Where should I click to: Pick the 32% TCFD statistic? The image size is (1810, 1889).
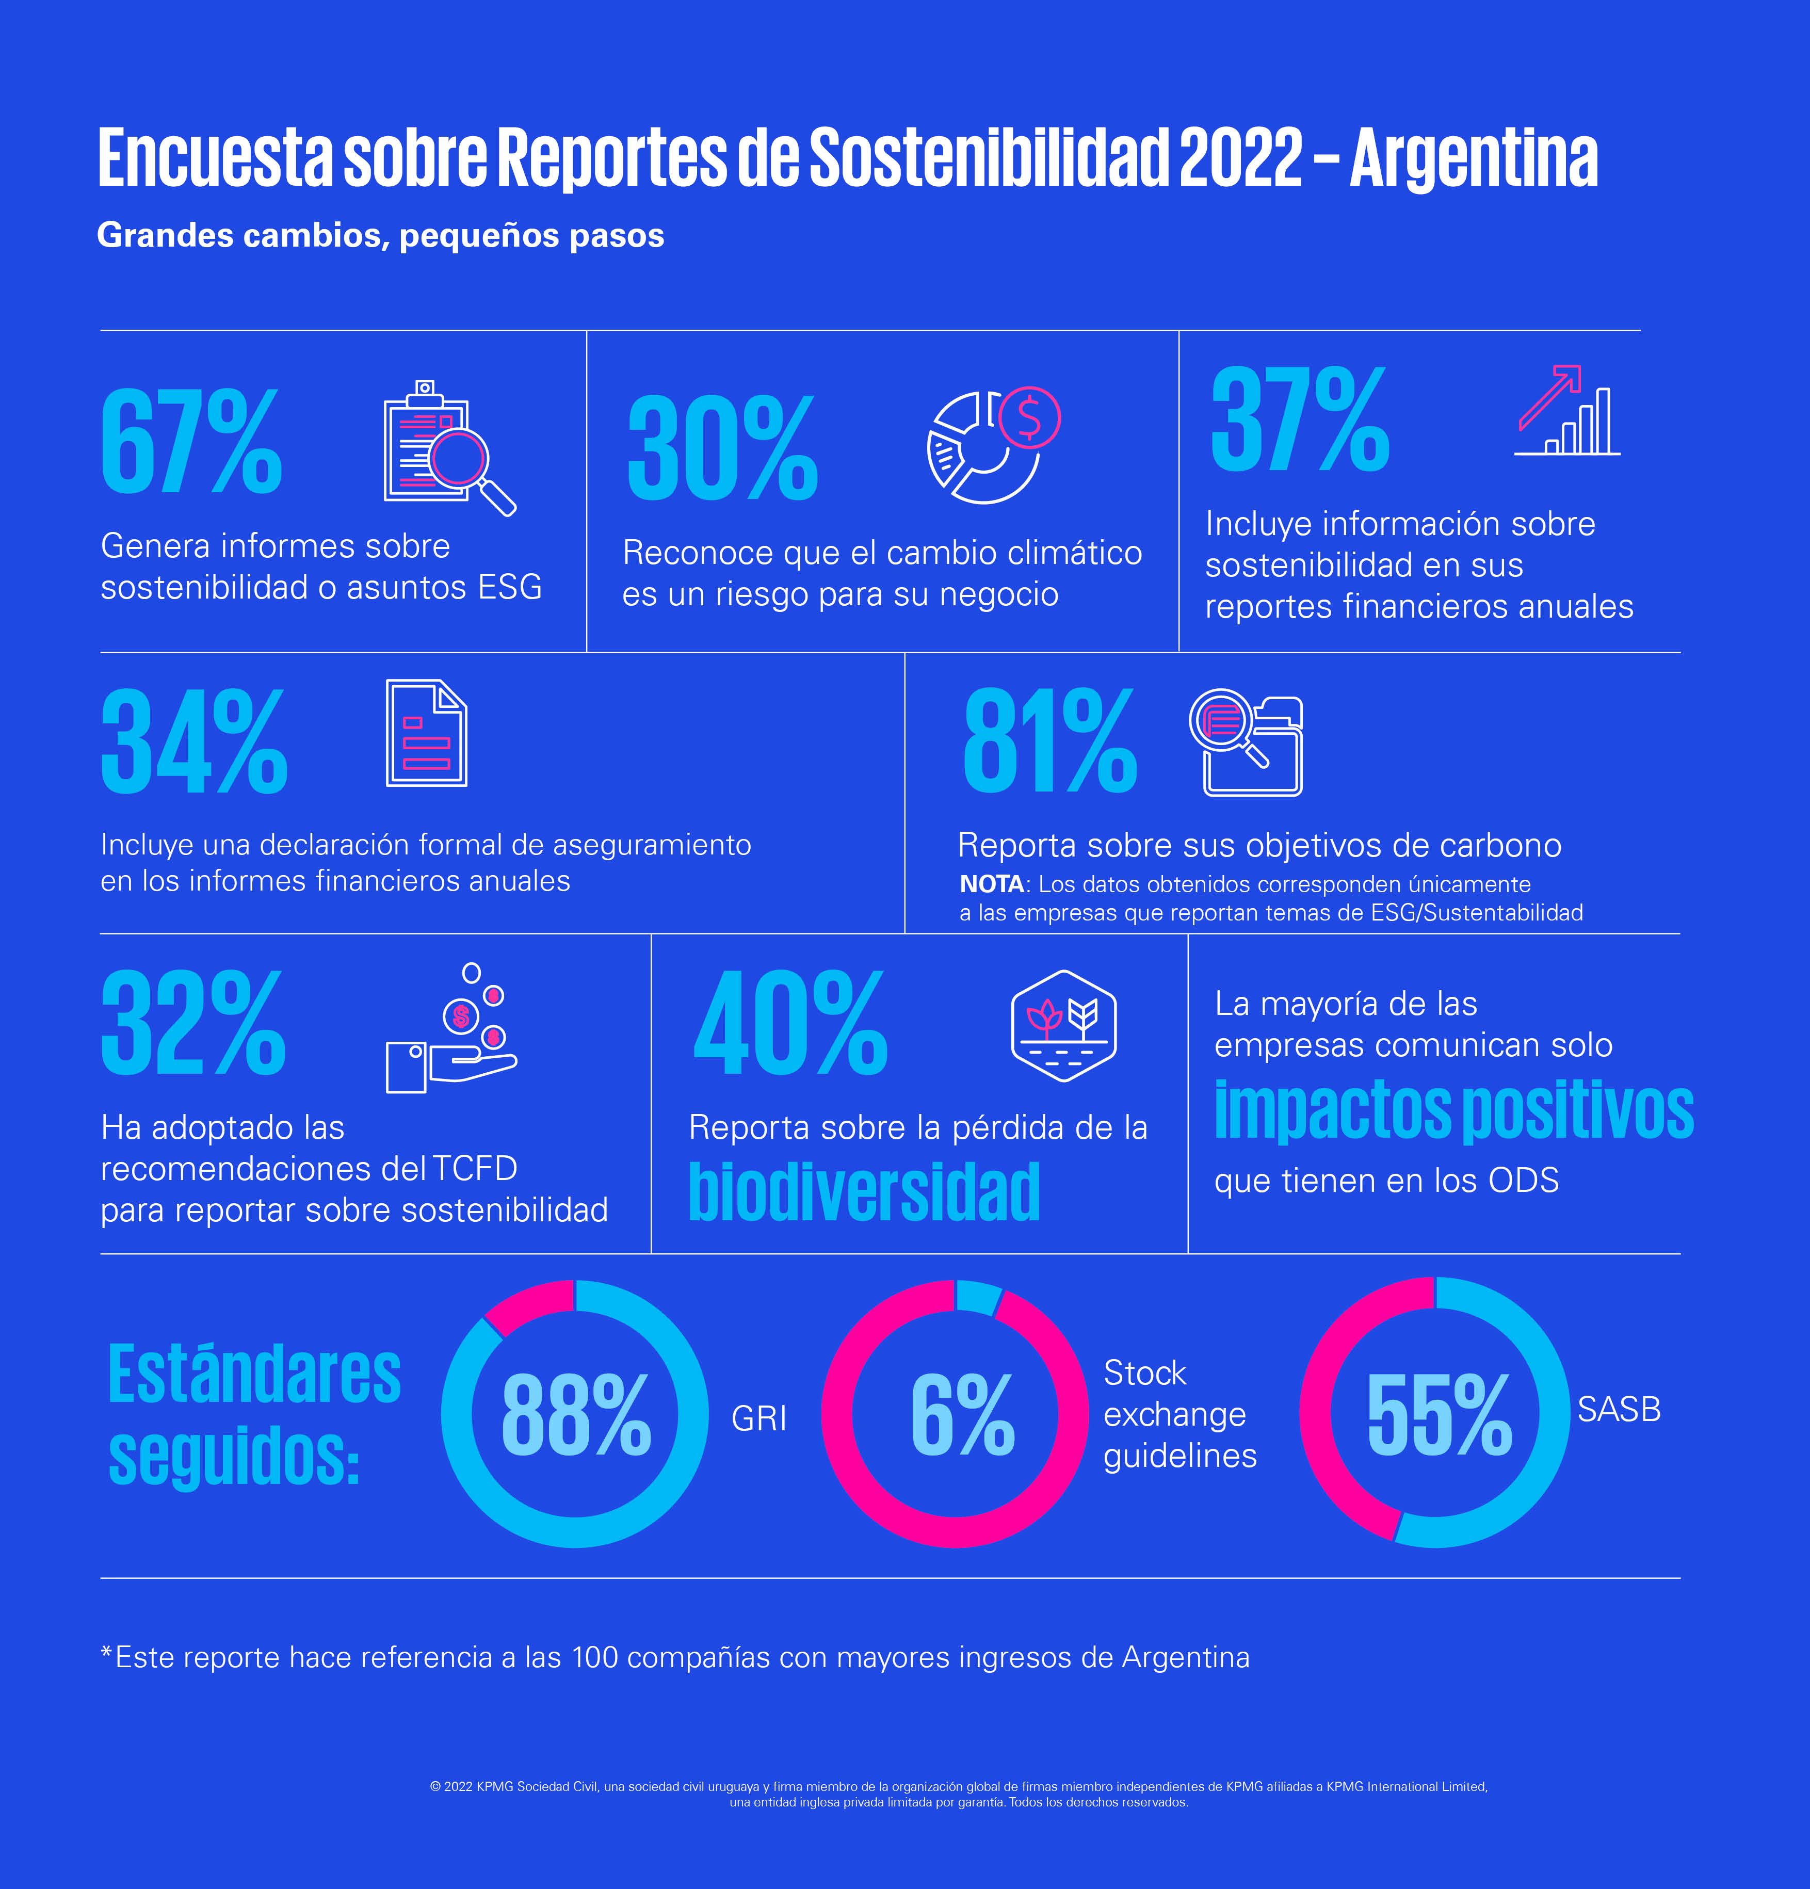click(x=193, y=1025)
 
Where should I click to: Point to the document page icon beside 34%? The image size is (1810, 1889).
click(x=426, y=733)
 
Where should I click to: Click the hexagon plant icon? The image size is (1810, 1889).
click(x=1063, y=1025)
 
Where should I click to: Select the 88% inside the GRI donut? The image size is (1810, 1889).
click(x=575, y=1415)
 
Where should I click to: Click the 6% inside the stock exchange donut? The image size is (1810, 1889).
click(x=962, y=1415)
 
